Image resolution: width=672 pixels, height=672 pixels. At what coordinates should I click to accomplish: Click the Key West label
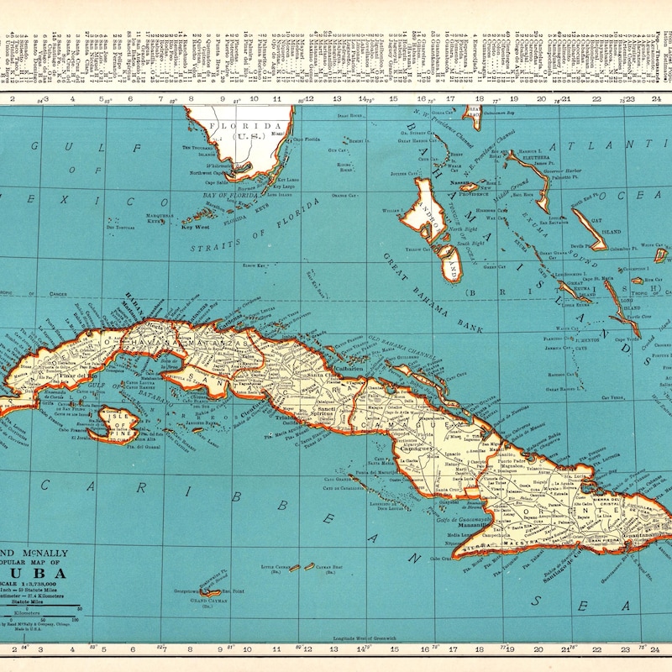[196, 227]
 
